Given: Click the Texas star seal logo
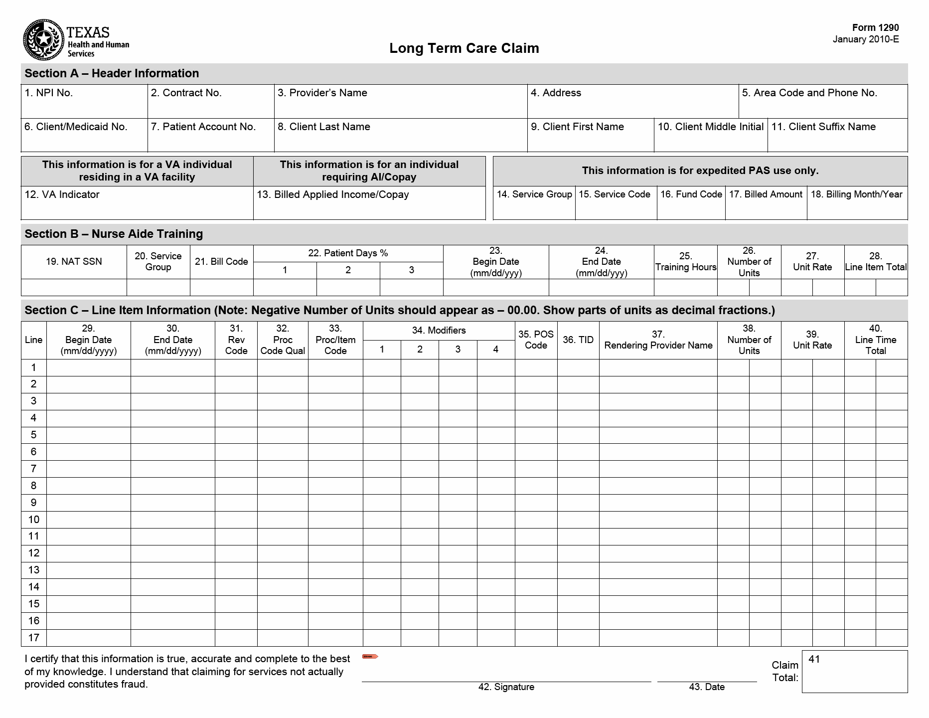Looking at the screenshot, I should [x=43, y=40].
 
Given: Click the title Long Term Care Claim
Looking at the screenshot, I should [x=464, y=48].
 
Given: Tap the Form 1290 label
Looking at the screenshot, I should [x=875, y=28].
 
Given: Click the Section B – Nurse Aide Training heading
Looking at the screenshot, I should [x=114, y=234].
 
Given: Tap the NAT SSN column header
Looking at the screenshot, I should [x=74, y=262].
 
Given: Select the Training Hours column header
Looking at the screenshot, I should [x=685, y=262].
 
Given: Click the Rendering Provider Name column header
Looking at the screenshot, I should [x=658, y=340].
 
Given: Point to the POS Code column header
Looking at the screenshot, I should [x=536, y=340].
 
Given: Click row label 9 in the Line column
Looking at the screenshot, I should [x=33, y=503].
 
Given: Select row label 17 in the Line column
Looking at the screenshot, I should [x=33, y=638].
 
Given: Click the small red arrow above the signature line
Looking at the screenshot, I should [x=370, y=656].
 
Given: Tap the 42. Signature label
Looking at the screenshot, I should [x=506, y=687].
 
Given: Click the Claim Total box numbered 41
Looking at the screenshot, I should [x=854, y=672].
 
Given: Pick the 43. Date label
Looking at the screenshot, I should [x=707, y=687].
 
